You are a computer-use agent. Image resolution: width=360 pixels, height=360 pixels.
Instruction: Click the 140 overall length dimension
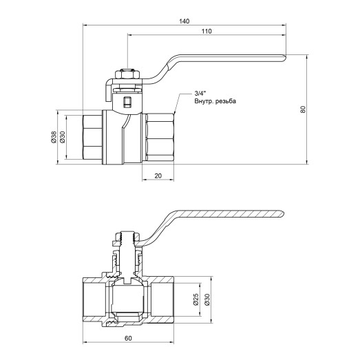(184, 21)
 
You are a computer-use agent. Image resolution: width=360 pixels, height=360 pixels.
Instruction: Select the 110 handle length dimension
(206, 32)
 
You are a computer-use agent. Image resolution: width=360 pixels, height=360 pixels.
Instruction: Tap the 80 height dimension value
(303, 109)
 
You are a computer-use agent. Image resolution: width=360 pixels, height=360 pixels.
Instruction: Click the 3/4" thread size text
(200, 93)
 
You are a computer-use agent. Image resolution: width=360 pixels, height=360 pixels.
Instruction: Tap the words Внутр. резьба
(215, 101)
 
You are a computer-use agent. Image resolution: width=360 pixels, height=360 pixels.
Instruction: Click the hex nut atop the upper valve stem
(125, 72)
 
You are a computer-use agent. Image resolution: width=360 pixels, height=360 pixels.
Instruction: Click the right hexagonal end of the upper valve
(159, 138)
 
